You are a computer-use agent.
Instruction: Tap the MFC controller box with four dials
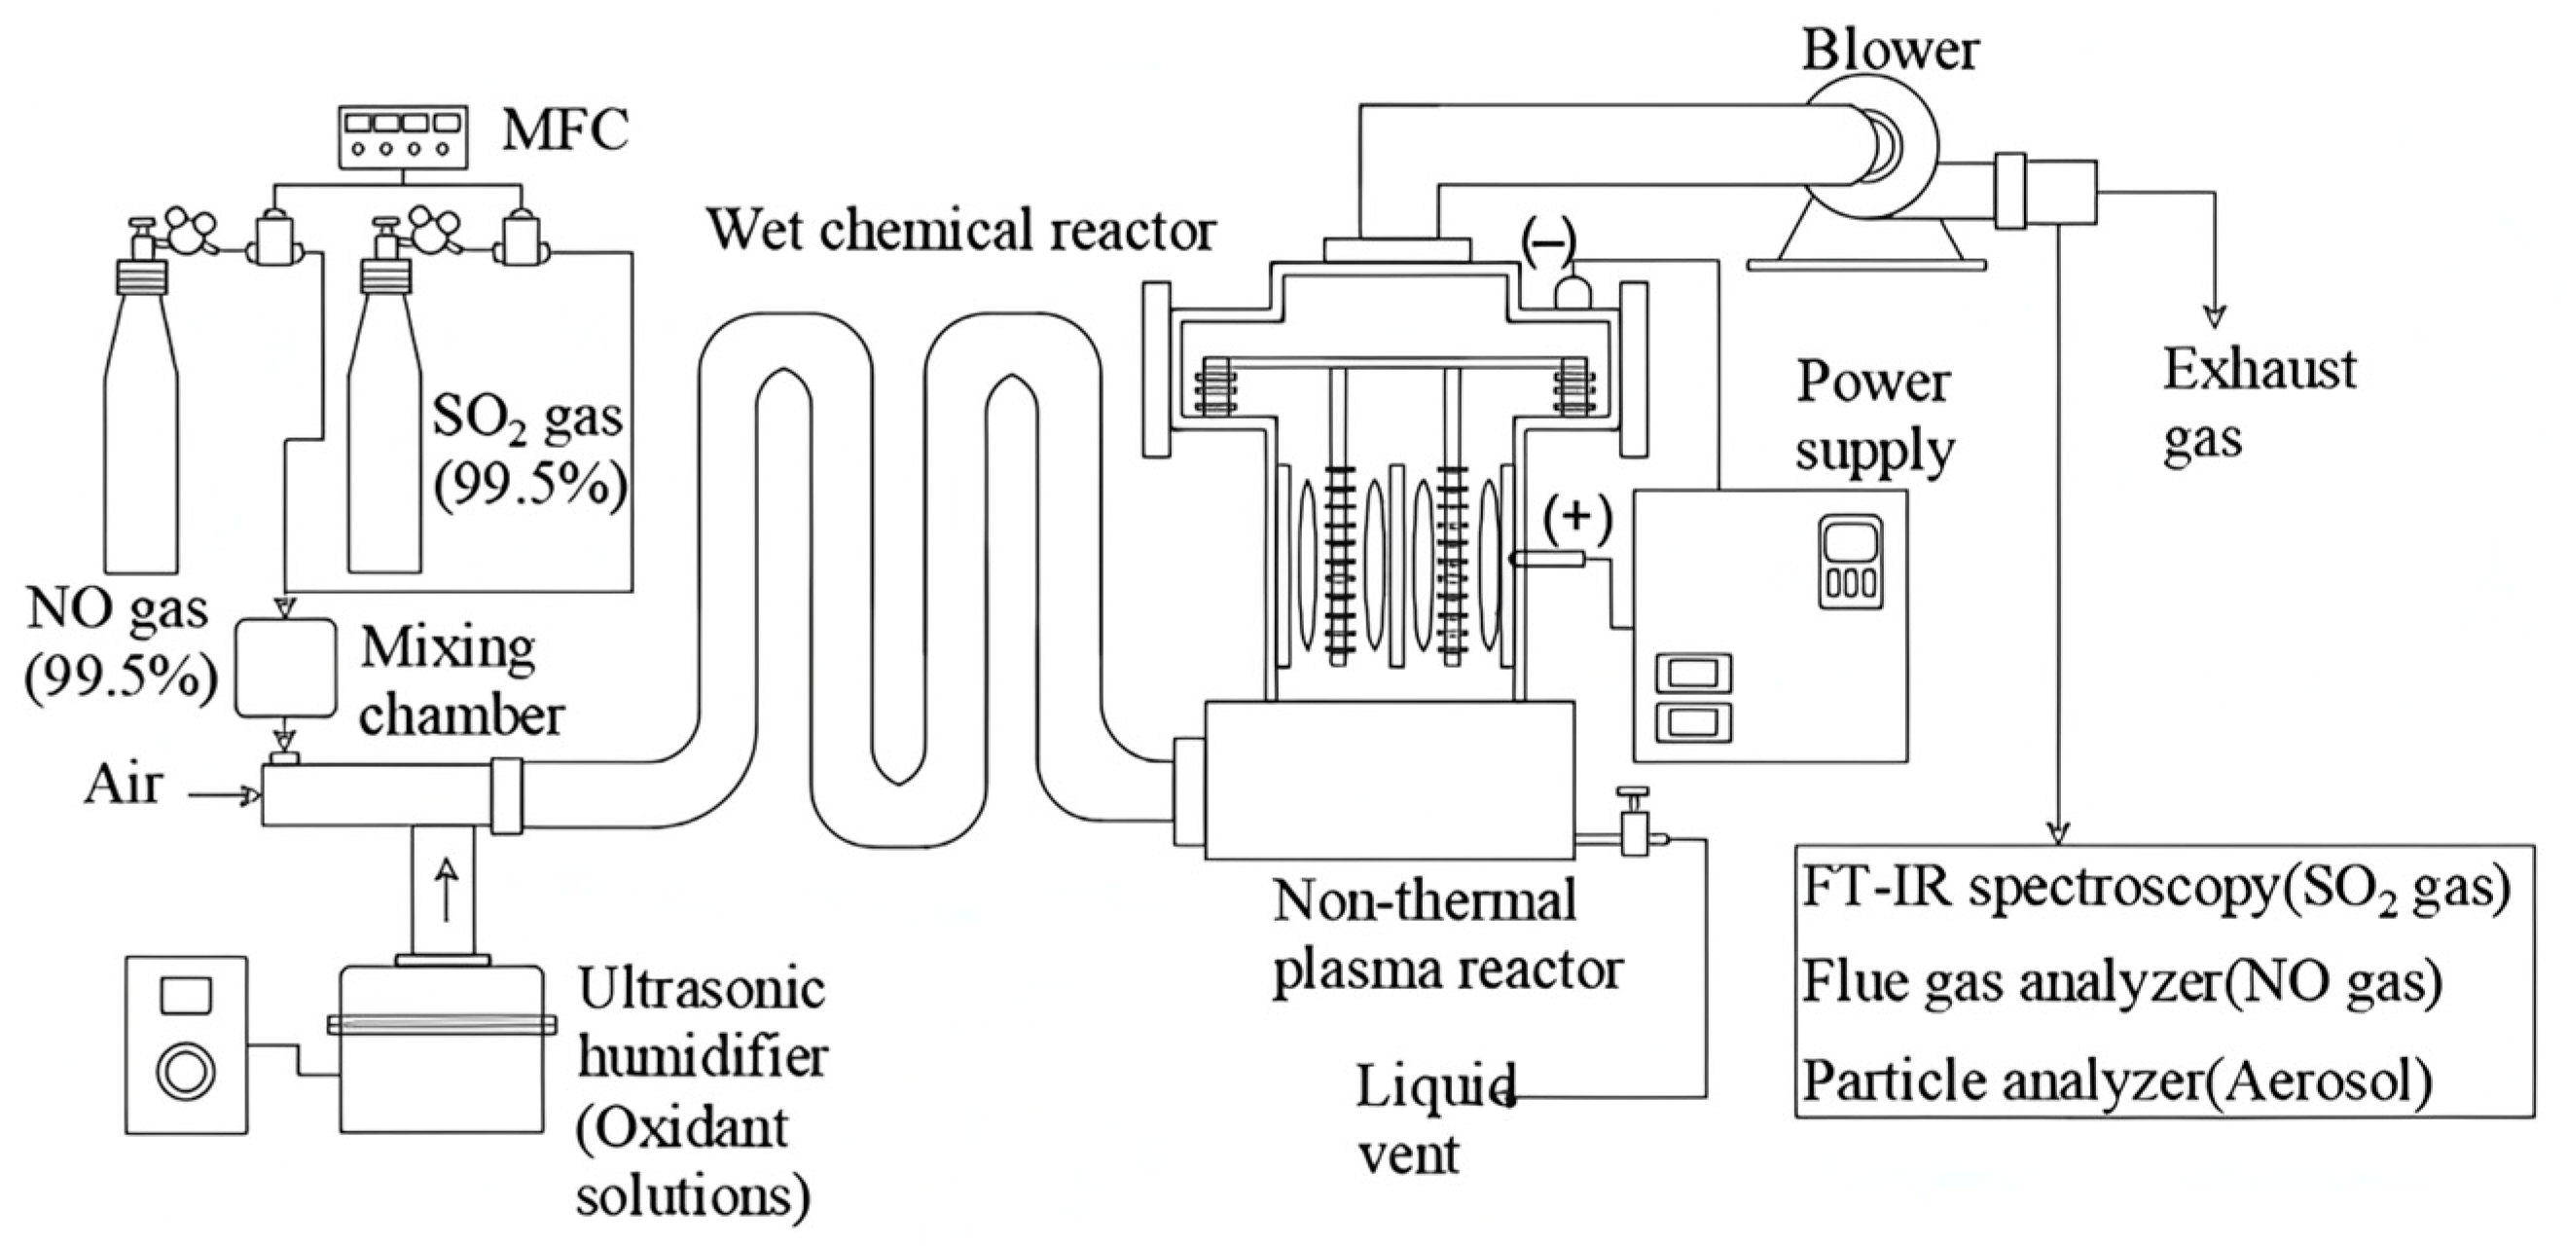(403, 136)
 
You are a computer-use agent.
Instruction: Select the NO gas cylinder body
(140, 458)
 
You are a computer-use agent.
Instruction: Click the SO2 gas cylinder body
(384, 458)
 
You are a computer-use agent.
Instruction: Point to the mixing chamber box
(285, 667)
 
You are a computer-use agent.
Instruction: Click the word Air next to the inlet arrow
(122, 785)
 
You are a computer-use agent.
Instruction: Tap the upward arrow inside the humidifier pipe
(446, 889)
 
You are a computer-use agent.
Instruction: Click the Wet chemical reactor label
(960, 231)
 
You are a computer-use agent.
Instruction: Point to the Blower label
(1890, 50)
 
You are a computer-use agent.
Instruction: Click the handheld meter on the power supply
(1852, 562)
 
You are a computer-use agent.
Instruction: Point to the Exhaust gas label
(2259, 404)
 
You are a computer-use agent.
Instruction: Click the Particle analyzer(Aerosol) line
(2117, 1080)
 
